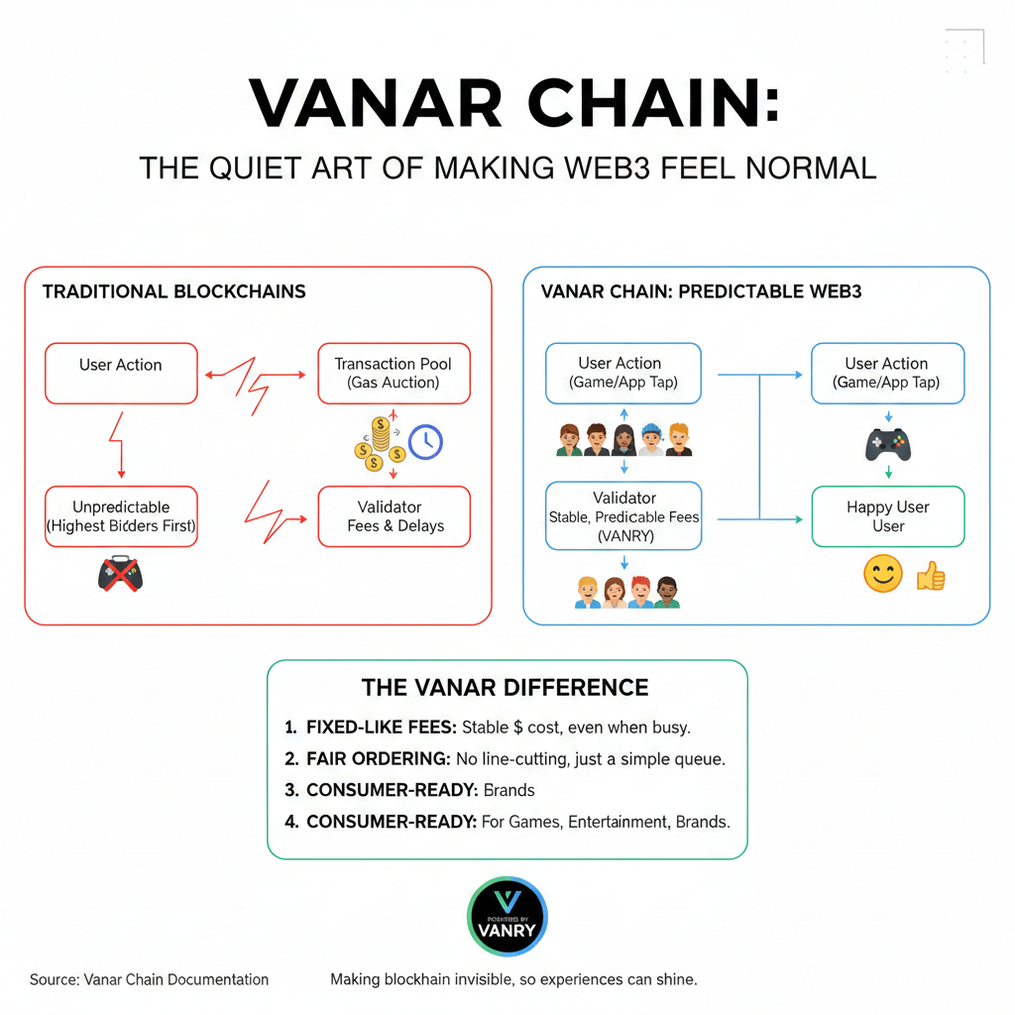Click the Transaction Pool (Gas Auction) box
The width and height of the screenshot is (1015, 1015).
(394, 373)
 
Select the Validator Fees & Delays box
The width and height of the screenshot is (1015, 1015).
(394, 515)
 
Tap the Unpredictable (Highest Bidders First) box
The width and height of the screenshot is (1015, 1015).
(121, 515)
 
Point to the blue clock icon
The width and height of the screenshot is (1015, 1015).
(425, 442)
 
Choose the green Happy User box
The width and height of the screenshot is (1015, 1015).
(887, 515)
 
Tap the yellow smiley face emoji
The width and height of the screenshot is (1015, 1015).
(882, 575)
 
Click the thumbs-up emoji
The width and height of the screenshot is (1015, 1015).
(931, 576)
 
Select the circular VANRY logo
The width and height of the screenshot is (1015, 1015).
(507, 916)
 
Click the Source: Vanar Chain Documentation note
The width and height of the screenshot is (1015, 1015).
(149, 979)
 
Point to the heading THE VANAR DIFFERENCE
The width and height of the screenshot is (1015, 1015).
(506, 688)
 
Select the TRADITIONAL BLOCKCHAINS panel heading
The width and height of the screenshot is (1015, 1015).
(174, 291)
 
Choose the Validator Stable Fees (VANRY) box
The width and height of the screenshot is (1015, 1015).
(623, 515)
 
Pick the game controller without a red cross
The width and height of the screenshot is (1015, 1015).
(887, 444)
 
